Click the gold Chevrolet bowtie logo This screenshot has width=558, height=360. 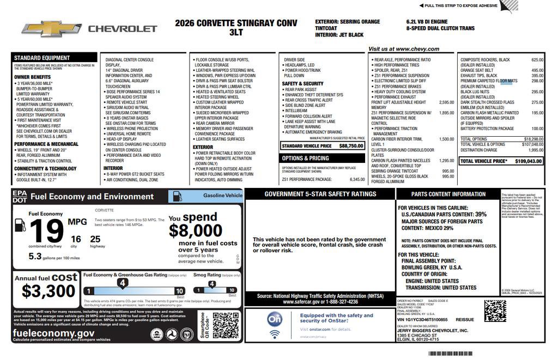tap(51, 29)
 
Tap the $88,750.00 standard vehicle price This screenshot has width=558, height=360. tap(351, 146)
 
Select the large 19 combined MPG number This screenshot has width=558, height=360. tap(46, 231)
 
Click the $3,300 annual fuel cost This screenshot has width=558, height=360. tap(48, 291)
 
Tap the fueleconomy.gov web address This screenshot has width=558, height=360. tap(53, 333)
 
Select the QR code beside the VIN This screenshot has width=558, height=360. tap(495, 310)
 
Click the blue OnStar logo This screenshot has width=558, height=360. tap(275, 319)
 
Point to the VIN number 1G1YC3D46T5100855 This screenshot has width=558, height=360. tap(423, 320)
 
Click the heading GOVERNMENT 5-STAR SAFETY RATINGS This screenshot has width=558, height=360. tap(320, 194)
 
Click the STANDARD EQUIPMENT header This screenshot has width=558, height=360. tap(42, 58)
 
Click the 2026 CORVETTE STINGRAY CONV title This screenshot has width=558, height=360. tap(236, 23)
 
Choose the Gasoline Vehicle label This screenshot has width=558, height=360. tap(222, 195)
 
